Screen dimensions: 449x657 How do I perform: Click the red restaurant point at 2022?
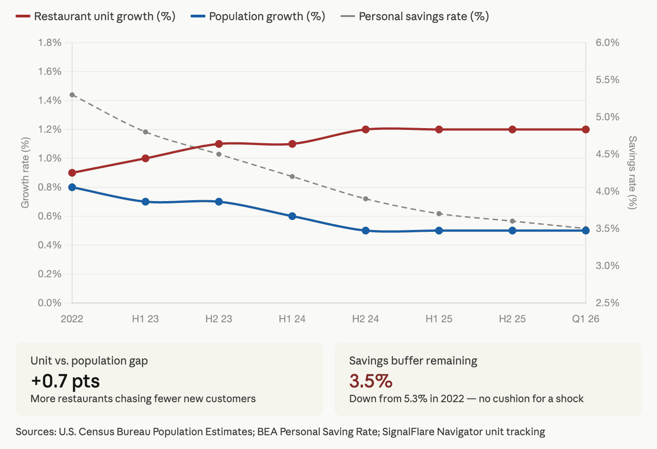click(x=72, y=173)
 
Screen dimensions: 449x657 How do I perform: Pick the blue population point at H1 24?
click(x=292, y=216)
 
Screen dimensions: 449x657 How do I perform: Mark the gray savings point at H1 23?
click(x=146, y=132)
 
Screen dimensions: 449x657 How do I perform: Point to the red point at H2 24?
click(x=366, y=129)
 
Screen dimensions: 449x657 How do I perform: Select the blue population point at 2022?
click(x=72, y=187)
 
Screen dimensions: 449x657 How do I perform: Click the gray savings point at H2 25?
click(x=513, y=221)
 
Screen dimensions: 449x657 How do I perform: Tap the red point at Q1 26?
click(x=586, y=129)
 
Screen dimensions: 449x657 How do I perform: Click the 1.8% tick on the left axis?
click(x=50, y=43)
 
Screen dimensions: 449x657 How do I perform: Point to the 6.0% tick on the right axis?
click(x=607, y=43)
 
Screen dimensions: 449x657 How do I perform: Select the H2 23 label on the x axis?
click(x=219, y=319)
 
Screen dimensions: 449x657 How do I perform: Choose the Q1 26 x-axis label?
click(x=586, y=319)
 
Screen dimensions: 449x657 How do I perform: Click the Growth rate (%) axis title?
click(x=25, y=173)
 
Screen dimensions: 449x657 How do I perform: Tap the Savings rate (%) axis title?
click(x=633, y=173)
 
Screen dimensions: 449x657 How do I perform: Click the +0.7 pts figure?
click(x=65, y=381)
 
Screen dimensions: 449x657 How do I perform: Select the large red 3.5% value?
click(x=371, y=381)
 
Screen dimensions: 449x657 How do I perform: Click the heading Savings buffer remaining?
click(x=413, y=361)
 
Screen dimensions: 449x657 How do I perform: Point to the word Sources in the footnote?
click(x=35, y=432)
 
